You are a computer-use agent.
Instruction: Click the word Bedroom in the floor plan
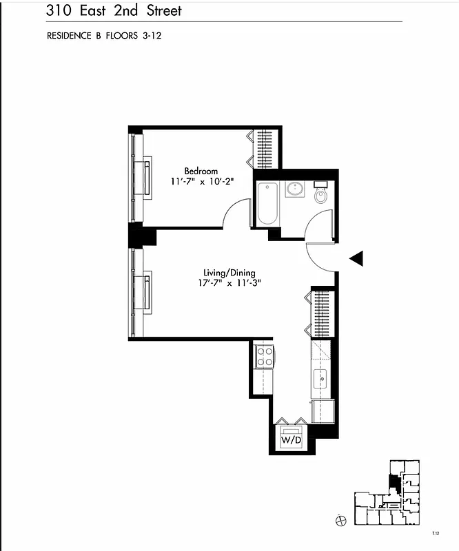tap(201, 171)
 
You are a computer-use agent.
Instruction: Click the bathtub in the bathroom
tap(267, 203)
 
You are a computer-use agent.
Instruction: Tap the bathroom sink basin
tap(295, 189)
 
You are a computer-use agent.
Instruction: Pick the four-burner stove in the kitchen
tap(265, 356)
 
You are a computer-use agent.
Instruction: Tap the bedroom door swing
tap(236, 213)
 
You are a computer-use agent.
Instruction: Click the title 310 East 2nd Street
tap(114, 10)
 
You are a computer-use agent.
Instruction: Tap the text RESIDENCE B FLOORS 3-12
tap(103, 36)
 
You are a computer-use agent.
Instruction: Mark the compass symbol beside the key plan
tap(339, 520)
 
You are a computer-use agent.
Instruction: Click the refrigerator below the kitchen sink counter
tap(322, 411)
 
